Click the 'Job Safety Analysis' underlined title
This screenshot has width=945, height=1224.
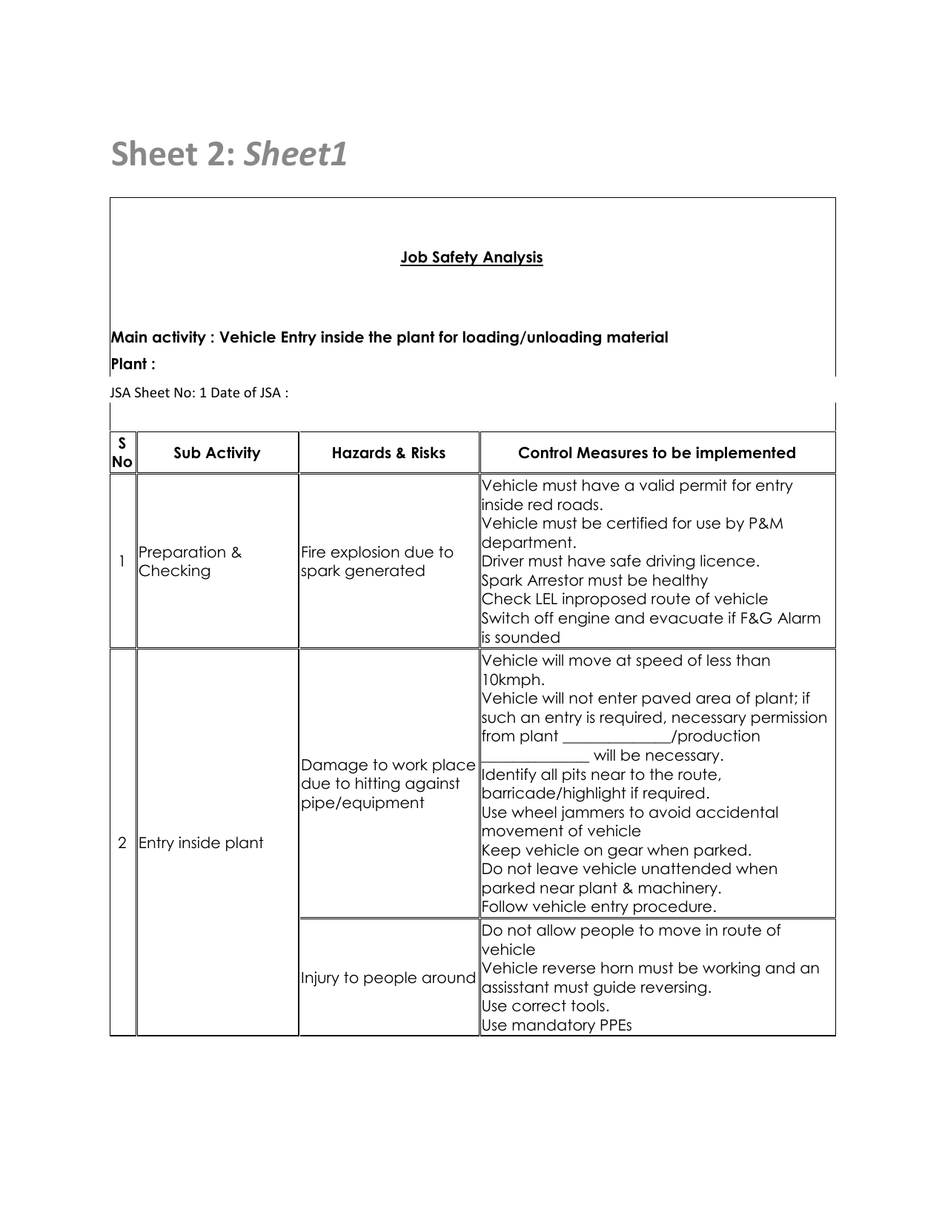point(471,257)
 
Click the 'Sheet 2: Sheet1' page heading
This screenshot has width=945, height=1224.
point(229,155)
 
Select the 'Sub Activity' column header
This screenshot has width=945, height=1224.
point(216,453)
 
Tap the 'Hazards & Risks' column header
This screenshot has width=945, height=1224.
point(388,453)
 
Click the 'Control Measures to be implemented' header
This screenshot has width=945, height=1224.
point(657,453)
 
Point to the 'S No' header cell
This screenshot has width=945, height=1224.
point(122,453)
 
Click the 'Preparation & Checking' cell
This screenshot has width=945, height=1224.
point(190,561)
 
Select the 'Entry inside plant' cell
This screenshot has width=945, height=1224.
point(201,843)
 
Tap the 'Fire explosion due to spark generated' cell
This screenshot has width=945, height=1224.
point(377,561)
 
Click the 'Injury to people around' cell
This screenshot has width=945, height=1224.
point(388,978)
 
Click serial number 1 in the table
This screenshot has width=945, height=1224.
point(122,561)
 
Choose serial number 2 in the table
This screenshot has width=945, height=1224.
point(122,843)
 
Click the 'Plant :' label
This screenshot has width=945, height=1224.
point(133,364)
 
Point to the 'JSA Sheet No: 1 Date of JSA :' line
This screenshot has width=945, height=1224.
point(199,393)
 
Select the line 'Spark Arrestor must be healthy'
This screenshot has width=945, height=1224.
point(594,580)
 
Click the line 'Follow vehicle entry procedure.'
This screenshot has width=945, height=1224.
point(599,907)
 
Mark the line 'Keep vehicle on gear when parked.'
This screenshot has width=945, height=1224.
point(616,850)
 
